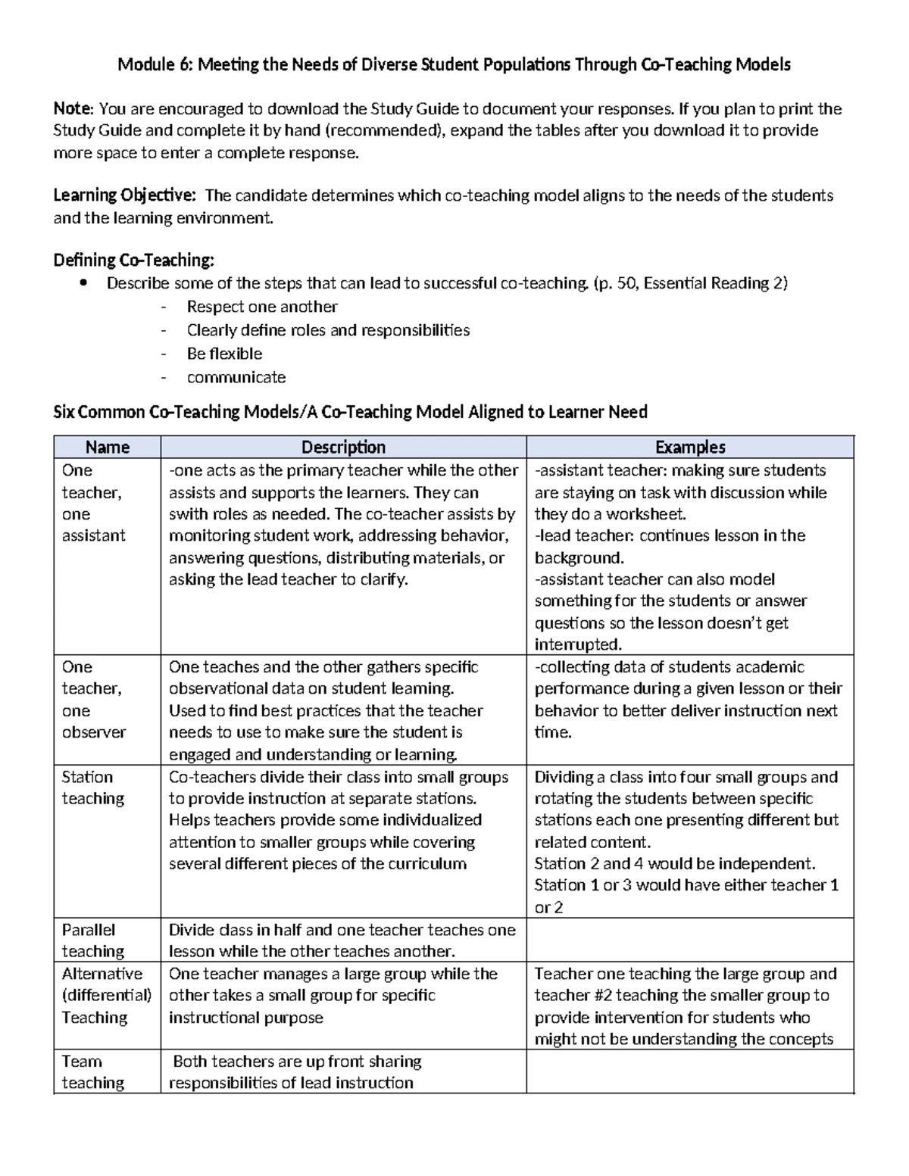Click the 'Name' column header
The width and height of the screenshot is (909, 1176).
pos(107,447)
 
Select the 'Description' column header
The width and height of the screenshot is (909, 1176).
pos(343,447)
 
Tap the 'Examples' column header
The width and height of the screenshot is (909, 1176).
pos(689,447)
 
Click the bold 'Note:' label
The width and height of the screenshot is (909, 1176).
pos(73,109)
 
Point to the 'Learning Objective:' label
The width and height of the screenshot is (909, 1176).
pos(124,195)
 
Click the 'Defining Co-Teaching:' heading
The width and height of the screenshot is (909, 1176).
pos(133,260)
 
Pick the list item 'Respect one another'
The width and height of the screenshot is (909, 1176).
pos(262,307)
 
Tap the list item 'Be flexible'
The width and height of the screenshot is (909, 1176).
pos(224,354)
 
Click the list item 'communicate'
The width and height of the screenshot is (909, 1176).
pos(236,377)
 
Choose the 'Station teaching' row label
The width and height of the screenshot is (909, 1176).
pos(92,788)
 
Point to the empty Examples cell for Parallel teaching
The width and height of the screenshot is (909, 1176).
pos(689,940)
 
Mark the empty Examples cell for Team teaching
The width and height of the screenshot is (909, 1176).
pos(689,1072)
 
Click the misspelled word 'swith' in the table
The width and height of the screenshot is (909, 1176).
pos(188,514)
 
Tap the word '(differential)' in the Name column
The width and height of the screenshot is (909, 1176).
pos(107,995)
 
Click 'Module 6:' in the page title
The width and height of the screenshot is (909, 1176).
pos(155,65)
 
